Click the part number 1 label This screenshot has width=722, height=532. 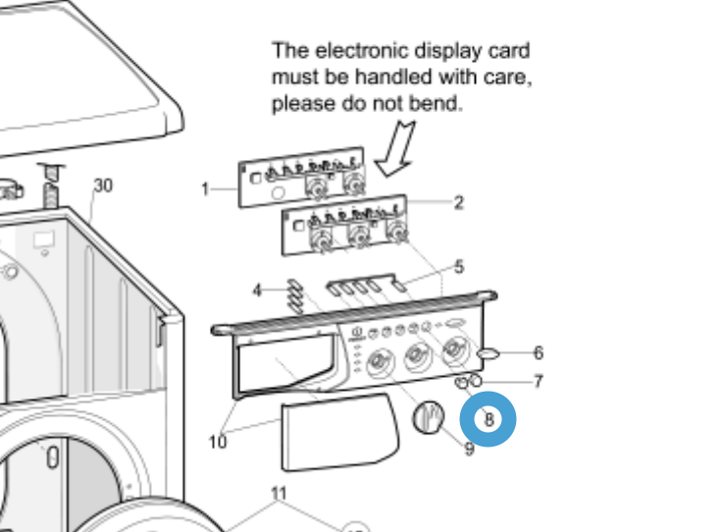click(205, 188)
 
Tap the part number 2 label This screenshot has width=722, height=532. click(458, 203)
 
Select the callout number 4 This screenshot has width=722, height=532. click(257, 291)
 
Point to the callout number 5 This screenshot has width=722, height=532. click(459, 267)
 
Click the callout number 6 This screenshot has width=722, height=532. click(538, 353)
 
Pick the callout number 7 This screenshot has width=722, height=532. click(538, 382)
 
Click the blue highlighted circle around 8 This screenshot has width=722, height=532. click(488, 419)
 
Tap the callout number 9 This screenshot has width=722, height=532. click(469, 450)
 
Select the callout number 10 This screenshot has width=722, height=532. click(218, 442)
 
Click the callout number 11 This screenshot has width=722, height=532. click(279, 492)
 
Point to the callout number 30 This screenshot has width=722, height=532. click(103, 186)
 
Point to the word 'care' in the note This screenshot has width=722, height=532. click(510, 77)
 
